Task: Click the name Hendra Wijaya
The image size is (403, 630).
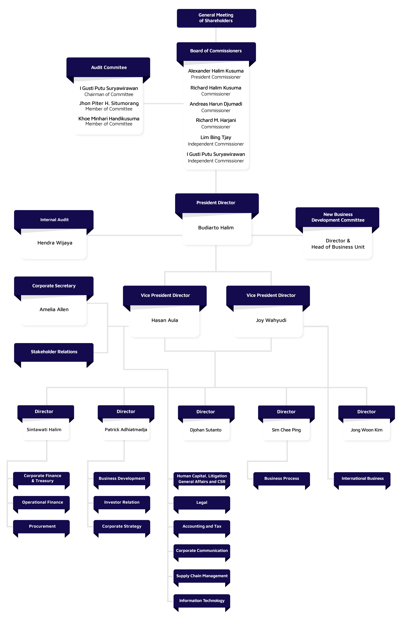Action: coord(55,243)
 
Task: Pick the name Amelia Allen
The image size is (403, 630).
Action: coord(54,309)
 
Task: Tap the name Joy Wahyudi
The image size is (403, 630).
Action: coord(271,320)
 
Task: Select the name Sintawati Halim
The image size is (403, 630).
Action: coord(44,430)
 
